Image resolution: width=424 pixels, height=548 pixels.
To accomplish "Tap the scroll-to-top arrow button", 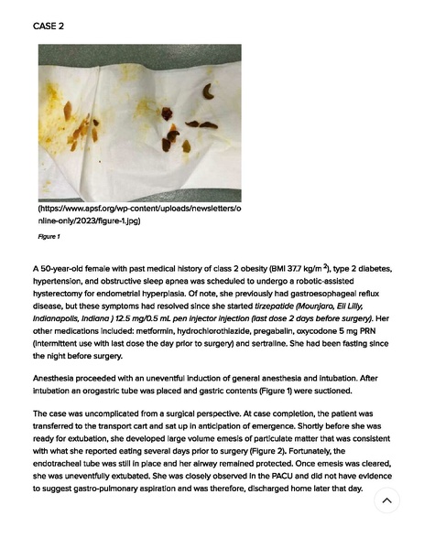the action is pos(386,500).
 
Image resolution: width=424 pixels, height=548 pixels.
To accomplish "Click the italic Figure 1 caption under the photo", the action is pos(49,237).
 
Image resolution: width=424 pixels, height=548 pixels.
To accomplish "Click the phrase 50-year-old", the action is pos(65,268).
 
